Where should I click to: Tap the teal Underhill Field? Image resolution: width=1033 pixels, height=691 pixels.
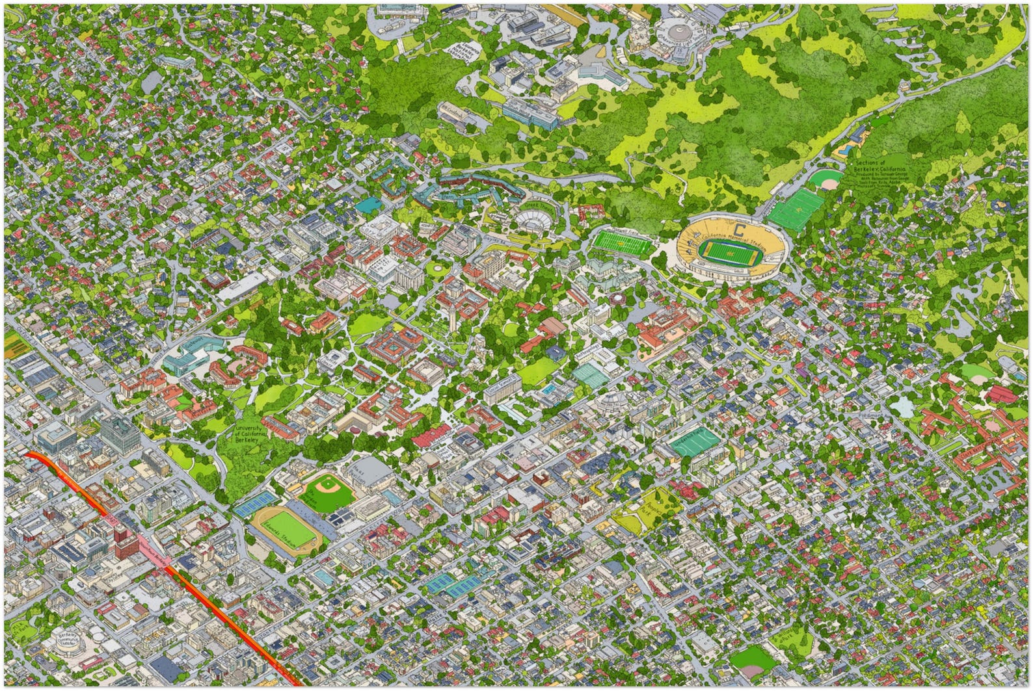[x=696, y=441]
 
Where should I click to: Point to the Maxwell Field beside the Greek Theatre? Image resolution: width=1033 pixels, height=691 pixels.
[x=621, y=243]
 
